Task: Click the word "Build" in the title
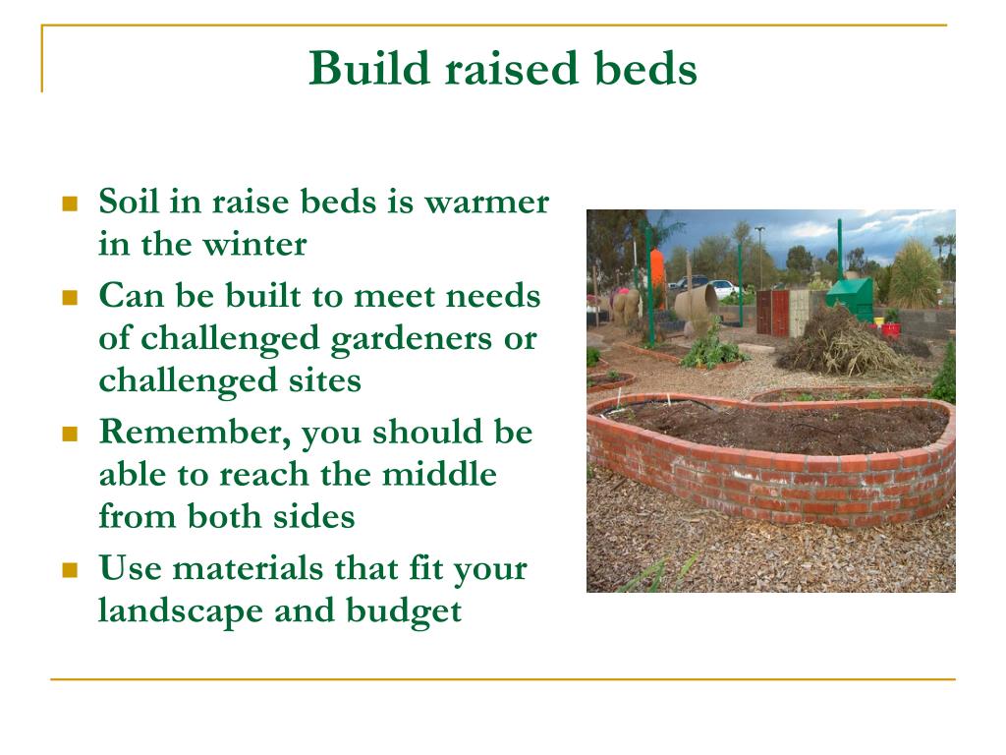(369, 68)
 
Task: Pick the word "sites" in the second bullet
(324, 380)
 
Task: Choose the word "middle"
(439, 475)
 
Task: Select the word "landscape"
(181, 611)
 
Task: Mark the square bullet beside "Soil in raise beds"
(70, 204)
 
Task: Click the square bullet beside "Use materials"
(70, 570)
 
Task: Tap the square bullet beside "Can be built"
(70, 298)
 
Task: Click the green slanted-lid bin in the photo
(850, 297)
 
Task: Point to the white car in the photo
(723, 288)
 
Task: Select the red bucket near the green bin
(890, 329)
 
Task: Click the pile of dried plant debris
(842, 343)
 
